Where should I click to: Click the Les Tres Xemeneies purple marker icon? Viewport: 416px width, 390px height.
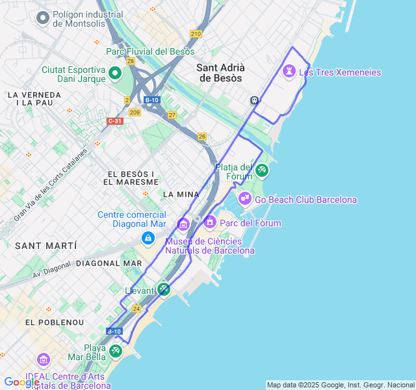coord(290,71)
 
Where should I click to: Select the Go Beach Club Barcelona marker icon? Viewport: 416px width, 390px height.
coord(245,198)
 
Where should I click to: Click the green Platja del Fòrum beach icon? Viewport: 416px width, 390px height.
coord(261,170)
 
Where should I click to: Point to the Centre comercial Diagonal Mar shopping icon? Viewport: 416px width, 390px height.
coord(148,238)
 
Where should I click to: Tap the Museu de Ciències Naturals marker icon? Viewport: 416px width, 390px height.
coord(183,225)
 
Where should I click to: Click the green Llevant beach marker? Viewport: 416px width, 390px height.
coord(164,289)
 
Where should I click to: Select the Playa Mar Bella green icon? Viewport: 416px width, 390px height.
coord(115,351)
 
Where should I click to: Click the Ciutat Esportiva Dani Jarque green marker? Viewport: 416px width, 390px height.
coord(115,73)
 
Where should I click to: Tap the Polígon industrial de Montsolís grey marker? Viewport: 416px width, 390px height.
coord(44,18)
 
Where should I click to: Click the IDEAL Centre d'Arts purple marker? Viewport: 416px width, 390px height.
coord(44,359)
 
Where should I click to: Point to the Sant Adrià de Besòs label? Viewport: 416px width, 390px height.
coord(220,72)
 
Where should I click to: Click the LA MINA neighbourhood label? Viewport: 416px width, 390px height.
coord(181,194)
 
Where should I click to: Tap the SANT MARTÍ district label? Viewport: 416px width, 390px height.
coord(45,246)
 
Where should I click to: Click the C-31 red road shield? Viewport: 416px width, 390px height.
coord(115,121)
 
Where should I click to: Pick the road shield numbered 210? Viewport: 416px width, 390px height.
coord(196,34)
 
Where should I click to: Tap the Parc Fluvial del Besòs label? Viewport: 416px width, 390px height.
coord(155,51)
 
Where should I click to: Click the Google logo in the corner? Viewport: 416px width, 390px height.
coord(21,382)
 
